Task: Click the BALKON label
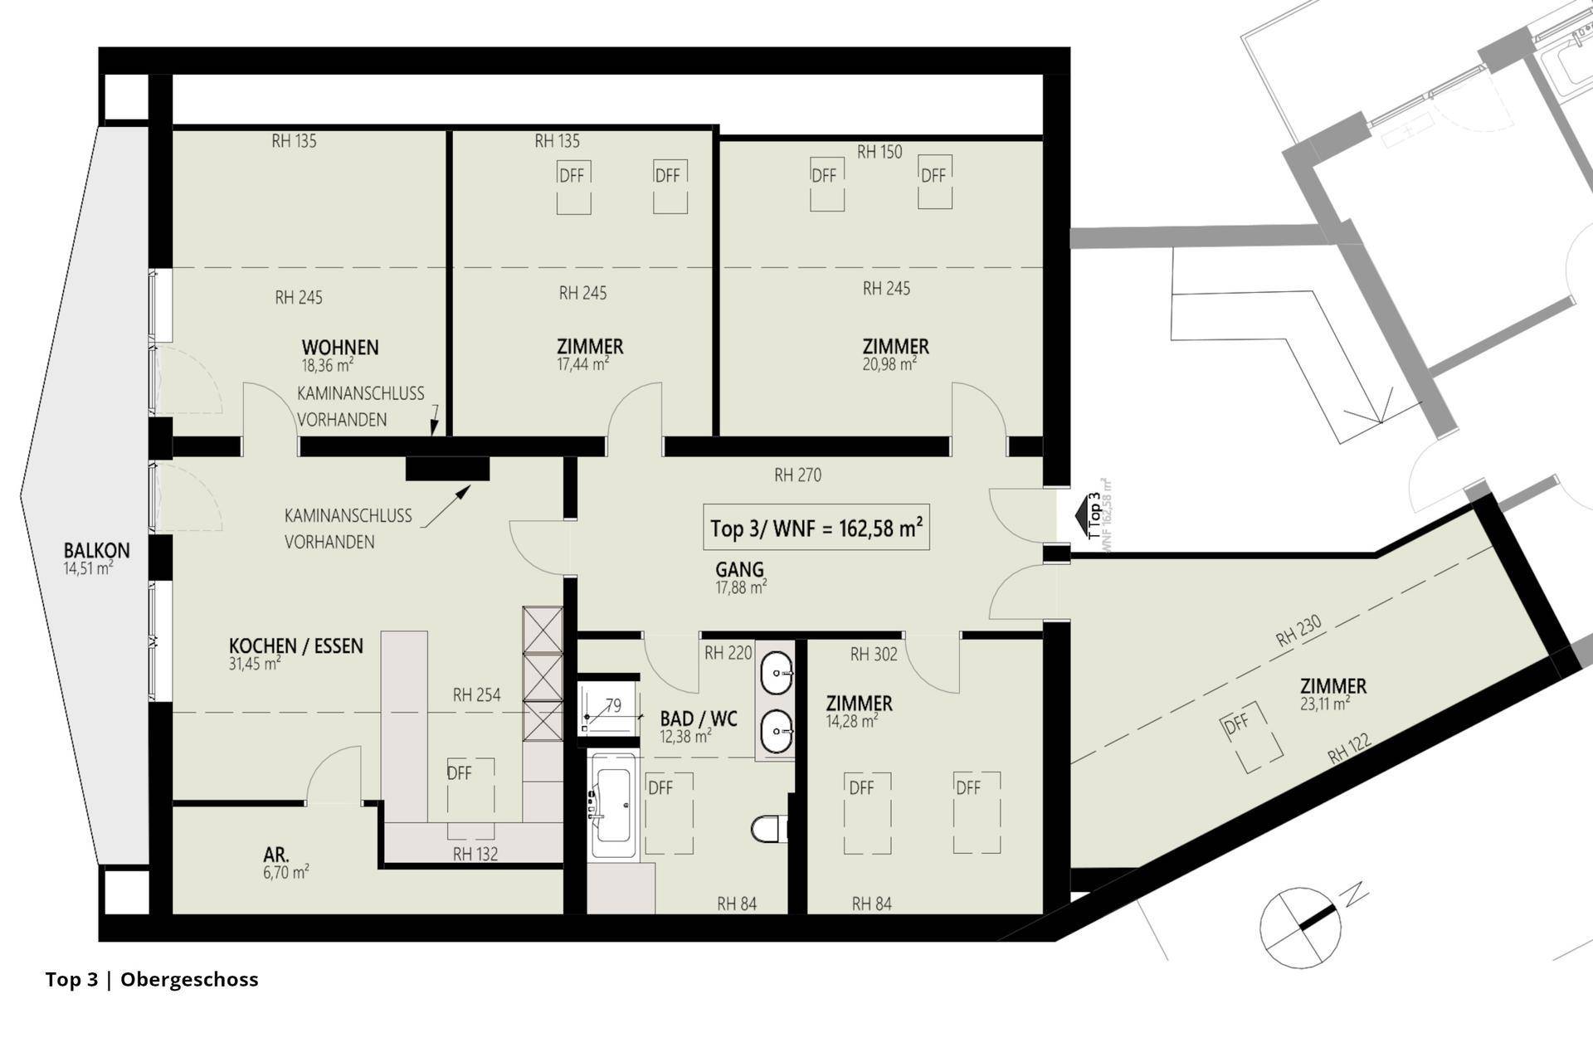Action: click(97, 550)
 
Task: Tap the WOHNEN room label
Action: click(340, 347)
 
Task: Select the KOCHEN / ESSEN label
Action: click(296, 645)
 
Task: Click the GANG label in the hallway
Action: click(739, 570)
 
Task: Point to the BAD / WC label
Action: click(699, 719)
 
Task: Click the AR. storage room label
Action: click(276, 855)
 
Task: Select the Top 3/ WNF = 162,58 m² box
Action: click(816, 528)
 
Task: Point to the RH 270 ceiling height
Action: click(797, 475)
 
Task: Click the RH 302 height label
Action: click(874, 655)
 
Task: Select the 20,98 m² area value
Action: click(889, 364)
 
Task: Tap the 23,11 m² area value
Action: click(1325, 704)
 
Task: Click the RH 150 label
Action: click(879, 152)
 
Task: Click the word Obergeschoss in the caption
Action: click(189, 980)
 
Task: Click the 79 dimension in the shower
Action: click(613, 706)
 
